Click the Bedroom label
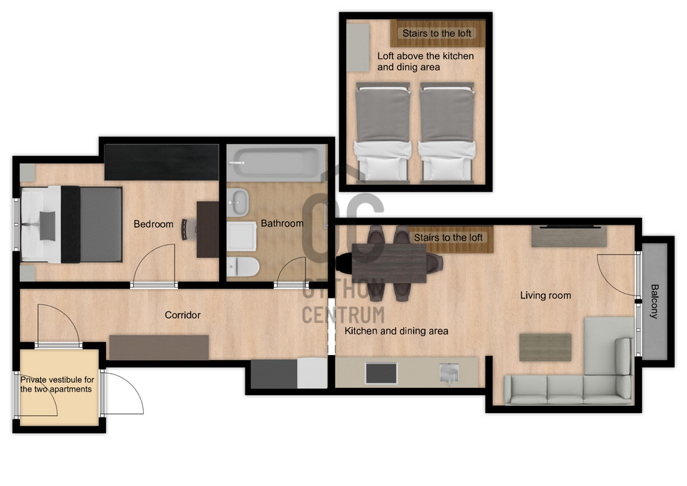(x=153, y=224)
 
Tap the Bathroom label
(x=282, y=223)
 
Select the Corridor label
(x=182, y=315)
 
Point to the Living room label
(x=545, y=296)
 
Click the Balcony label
(x=654, y=301)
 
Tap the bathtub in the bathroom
(x=276, y=163)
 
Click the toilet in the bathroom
(x=243, y=267)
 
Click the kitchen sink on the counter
(x=449, y=374)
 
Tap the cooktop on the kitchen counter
(x=381, y=373)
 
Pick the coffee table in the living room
(x=545, y=347)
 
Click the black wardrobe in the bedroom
(x=162, y=162)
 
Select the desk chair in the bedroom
(x=187, y=229)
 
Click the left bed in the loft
(x=382, y=132)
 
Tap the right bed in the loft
(x=447, y=132)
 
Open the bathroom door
(x=291, y=272)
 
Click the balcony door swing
(x=617, y=275)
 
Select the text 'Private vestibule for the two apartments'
(x=57, y=384)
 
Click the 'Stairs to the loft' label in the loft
(x=437, y=33)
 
